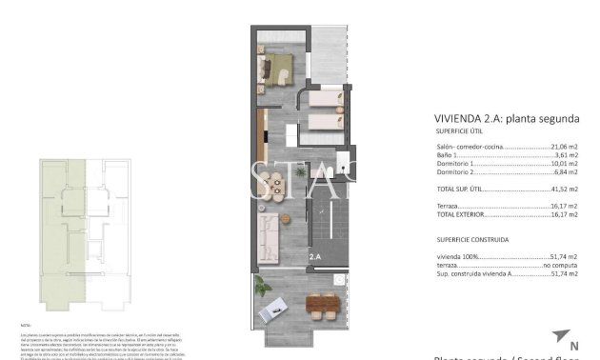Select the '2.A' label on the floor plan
click(314, 255)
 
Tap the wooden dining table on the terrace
click(320, 306)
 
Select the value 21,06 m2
click(564, 148)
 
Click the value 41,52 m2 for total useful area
click(564, 190)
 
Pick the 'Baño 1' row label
click(447, 156)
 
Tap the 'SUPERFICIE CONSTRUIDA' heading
click(471, 240)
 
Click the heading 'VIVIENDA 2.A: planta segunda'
click(507, 119)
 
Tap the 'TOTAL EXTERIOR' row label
click(464, 214)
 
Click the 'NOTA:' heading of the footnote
click(26, 325)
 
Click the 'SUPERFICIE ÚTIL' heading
click(457, 131)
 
